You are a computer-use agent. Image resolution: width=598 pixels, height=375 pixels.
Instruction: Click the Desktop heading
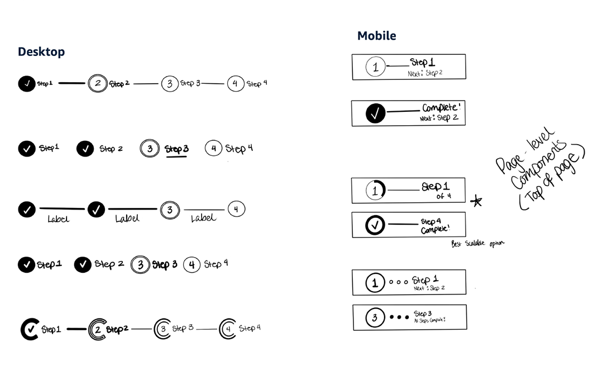[41, 52]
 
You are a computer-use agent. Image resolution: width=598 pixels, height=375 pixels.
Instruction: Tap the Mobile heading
[376, 36]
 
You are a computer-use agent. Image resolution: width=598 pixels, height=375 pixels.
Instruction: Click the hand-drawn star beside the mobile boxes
[477, 201]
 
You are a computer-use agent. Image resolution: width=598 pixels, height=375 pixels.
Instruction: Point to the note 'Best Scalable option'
[478, 244]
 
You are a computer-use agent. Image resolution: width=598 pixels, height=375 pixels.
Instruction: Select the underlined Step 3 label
[176, 149]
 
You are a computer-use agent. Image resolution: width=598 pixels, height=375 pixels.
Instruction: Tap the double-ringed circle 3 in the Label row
[169, 210]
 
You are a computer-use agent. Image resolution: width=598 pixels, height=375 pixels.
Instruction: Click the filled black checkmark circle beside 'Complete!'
[376, 113]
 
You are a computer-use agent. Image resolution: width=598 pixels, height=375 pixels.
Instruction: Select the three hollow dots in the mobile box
[398, 283]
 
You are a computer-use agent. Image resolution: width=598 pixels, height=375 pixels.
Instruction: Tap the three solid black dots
[399, 317]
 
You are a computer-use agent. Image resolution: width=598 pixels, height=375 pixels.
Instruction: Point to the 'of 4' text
[444, 196]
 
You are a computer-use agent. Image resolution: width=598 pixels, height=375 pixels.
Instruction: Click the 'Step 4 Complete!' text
[435, 226]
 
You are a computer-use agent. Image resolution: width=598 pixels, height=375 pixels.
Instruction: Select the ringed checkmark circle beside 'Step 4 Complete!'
[376, 225]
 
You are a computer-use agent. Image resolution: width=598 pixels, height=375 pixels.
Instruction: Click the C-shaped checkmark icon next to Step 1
[29, 329]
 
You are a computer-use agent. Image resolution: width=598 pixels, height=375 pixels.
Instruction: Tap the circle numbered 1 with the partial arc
[375, 191]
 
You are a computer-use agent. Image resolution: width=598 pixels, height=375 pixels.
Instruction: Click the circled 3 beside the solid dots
[375, 318]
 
